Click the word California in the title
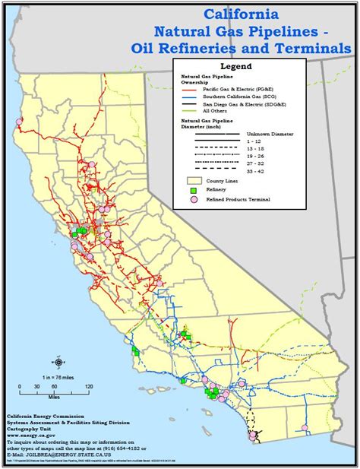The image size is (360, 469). (240, 14)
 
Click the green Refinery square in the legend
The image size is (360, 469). (193, 191)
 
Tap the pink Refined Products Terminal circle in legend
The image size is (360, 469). (193, 199)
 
